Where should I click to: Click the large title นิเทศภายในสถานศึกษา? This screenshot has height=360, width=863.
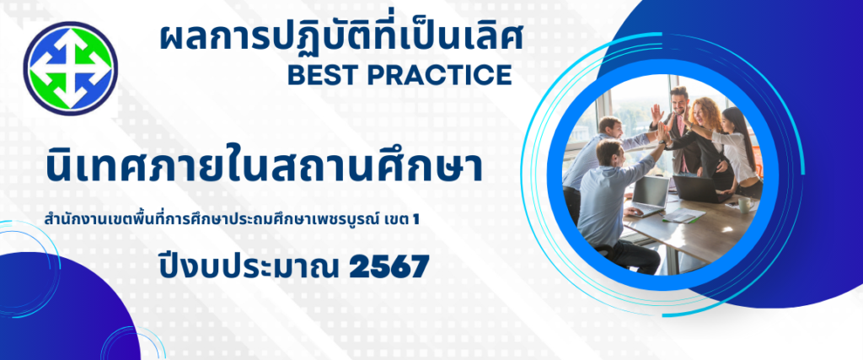(264, 163)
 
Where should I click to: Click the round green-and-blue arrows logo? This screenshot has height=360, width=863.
(71, 68)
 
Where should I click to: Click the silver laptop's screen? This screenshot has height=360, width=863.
(651, 193)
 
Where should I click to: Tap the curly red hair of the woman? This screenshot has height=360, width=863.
(707, 113)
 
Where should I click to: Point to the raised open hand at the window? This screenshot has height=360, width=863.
(656, 115)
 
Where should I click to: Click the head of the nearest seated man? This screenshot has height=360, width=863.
(611, 153)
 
